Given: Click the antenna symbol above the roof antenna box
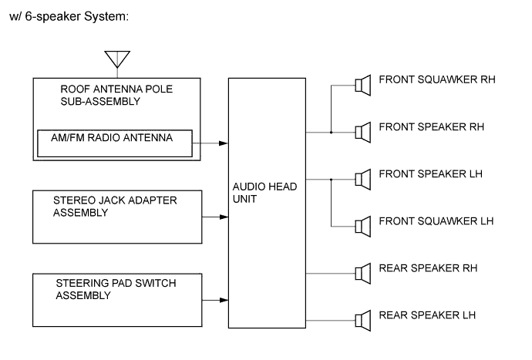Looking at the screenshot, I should (x=117, y=59).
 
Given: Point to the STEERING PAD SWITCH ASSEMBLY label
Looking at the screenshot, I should (x=116, y=289).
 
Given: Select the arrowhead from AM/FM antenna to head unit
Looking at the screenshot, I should (x=224, y=143).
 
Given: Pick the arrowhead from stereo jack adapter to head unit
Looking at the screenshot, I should (x=224, y=217).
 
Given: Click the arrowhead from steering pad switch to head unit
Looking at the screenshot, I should (x=224, y=299).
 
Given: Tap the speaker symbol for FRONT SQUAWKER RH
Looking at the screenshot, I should (x=360, y=85).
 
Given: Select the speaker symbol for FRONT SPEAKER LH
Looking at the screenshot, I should (x=360, y=179).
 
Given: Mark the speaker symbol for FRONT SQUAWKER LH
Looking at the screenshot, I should (x=360, y=226).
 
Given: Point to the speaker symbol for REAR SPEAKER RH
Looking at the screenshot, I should (x=360, y=273).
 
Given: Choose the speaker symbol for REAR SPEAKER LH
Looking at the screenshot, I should (x=360, y=320).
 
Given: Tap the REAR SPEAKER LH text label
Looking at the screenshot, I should (x=427, y=315).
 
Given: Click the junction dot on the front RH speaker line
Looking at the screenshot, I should (x=331, y=132).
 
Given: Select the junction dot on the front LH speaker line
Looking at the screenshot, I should (x=331, y=179).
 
